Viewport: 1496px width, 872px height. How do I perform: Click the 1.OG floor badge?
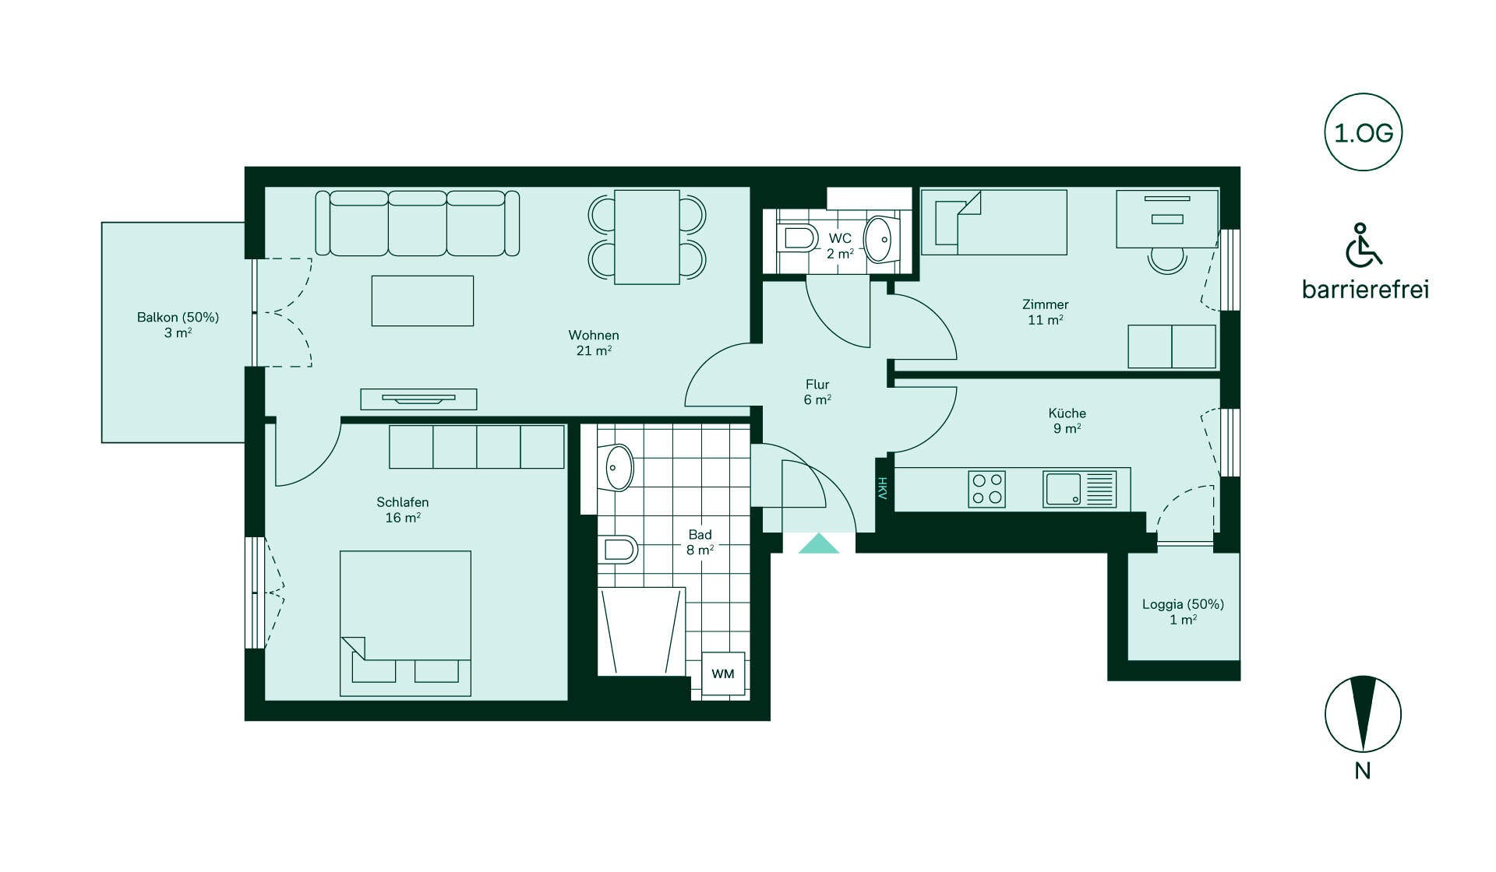(1364, 132)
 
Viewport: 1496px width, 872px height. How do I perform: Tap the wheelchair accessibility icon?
(1364, 244)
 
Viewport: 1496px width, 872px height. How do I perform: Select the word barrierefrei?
(1365, 290)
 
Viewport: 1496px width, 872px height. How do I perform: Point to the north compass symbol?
(1363, 714)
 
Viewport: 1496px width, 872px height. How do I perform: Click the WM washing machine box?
(723, 673)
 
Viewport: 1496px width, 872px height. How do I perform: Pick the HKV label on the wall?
(883, 488)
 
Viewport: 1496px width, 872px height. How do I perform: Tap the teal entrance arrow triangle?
(819, 543)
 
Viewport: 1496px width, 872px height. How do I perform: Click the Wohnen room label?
(594, 336)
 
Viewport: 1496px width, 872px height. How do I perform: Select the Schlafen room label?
(403, 502)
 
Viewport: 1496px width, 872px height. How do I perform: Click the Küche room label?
(1067, 413)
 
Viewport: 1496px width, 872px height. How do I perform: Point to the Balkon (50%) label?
(178, 318)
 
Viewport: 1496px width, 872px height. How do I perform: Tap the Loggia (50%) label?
(1183, 604)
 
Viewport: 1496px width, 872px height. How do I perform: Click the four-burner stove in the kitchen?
(986, 489)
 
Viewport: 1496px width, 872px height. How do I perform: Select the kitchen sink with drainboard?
(1079, 489)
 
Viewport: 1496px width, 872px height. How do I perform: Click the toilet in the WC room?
(796, 237)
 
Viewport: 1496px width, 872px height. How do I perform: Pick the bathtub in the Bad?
(641, 631)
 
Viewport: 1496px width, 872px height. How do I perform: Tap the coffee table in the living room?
(422, 301)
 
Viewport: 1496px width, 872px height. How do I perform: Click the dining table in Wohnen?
(647, 237)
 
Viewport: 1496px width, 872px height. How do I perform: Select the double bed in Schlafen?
(405, 624)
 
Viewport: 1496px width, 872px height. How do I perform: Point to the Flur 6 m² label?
(817, 392)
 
